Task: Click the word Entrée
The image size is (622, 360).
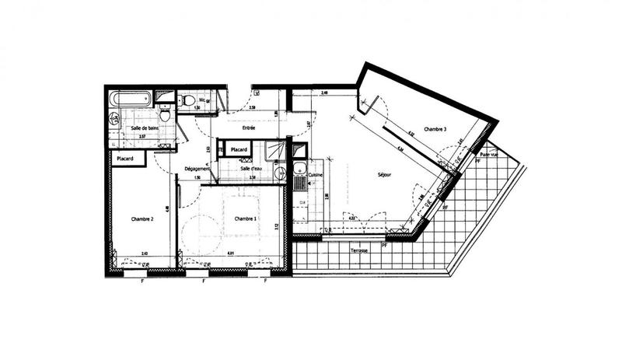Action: click(249, 128)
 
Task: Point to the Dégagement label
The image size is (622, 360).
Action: click(197, 169)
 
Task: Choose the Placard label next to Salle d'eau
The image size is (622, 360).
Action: click(238, 149)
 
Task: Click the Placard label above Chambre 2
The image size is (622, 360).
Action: click(125, 159)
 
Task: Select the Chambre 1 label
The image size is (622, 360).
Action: click(246, 219)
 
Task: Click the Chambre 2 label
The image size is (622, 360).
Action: click(142, 219)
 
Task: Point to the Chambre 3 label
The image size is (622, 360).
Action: click(435, 128)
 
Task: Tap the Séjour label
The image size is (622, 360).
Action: click(384, 175)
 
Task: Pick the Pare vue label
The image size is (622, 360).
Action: click(490, 155)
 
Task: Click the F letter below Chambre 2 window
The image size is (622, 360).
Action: click(143, 281)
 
